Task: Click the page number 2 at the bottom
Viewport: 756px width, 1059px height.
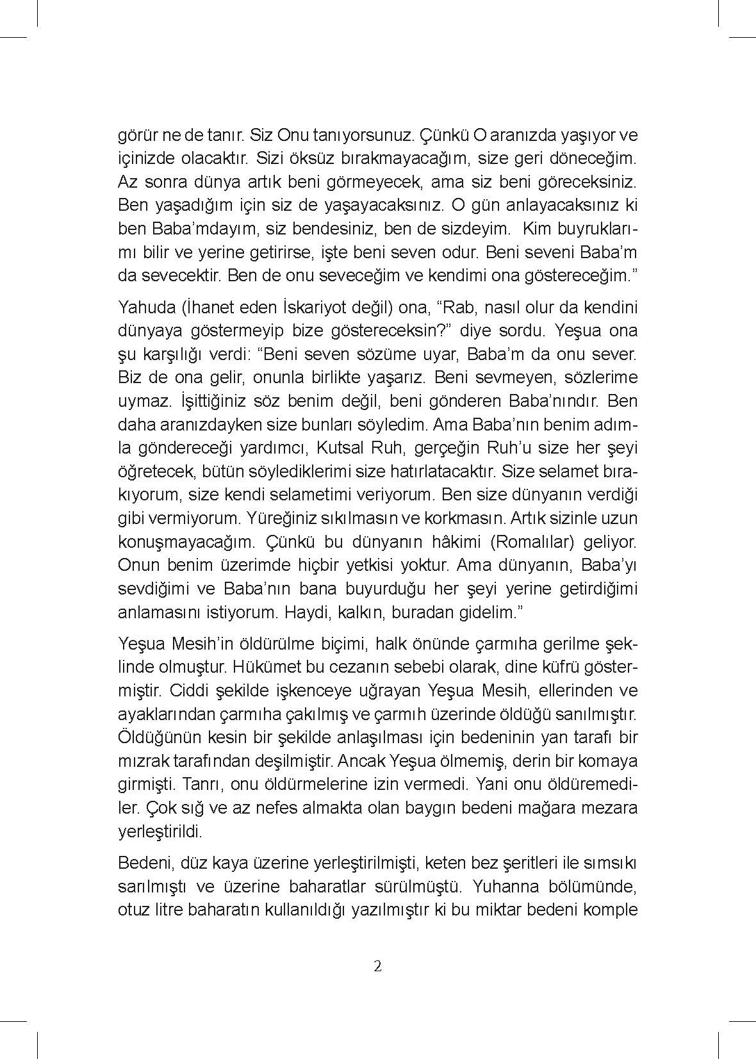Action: coord(377,966)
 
